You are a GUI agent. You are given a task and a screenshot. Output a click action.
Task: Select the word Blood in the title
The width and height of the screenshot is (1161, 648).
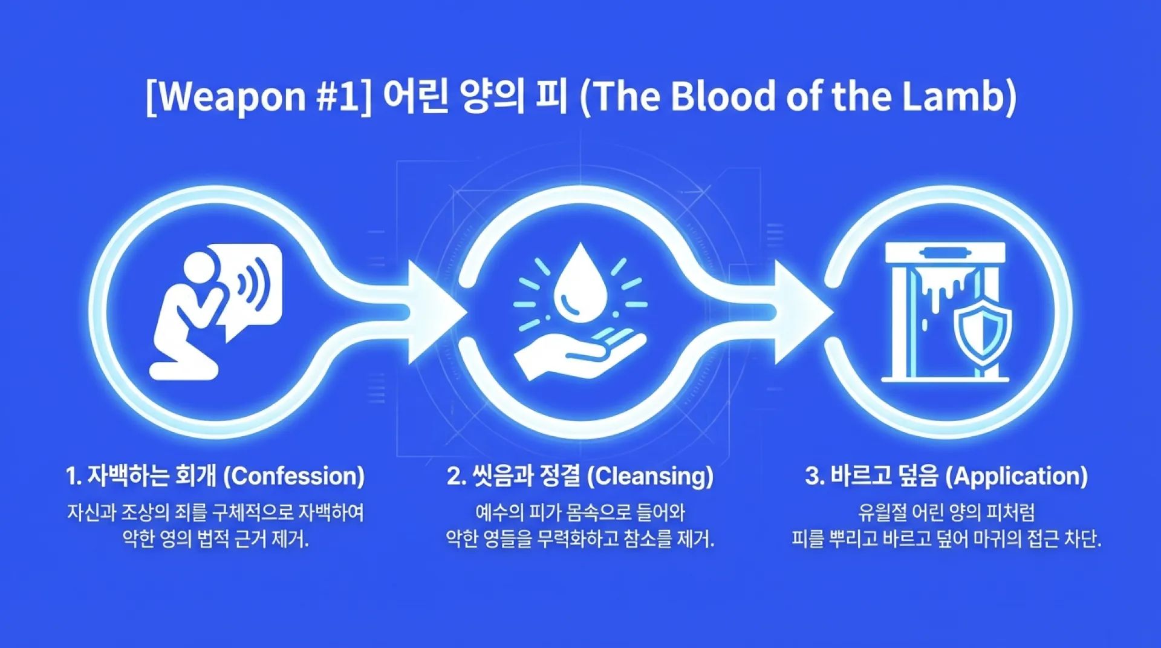pos(723,96)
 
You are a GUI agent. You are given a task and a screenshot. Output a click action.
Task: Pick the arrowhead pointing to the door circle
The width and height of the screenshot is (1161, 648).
pos(804,312)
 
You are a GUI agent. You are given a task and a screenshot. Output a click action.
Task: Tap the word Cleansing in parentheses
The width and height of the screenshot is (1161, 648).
pos(651,476)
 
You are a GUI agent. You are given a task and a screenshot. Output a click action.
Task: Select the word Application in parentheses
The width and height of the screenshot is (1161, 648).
pos(1016,476)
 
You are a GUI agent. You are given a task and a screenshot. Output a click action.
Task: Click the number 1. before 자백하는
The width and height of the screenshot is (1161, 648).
pos(73,476)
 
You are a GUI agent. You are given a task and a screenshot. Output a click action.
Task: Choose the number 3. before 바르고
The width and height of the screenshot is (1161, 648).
pos(815,476)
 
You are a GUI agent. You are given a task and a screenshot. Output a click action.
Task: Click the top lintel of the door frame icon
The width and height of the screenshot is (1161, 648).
pos(945,253)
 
